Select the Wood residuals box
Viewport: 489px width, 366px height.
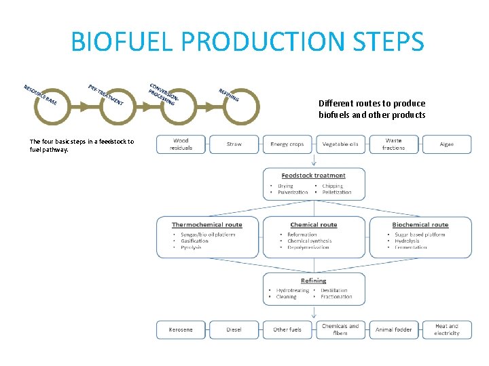(181, 144)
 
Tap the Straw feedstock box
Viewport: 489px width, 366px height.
(234, 144)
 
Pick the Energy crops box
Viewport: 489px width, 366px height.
(287, 144)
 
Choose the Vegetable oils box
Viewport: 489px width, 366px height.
(340, 144)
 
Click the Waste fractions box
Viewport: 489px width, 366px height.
(393, 144)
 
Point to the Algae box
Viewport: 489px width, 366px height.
(446, 144)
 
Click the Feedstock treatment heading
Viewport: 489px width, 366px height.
(313, 176)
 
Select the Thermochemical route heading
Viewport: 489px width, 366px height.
(206, 224)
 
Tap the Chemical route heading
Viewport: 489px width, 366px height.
(313, 224)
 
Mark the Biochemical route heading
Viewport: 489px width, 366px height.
(420, 224)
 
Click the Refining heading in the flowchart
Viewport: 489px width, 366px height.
(313, 281)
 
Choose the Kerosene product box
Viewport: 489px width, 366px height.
(181, 329)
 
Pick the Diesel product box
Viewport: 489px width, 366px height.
(234, 329)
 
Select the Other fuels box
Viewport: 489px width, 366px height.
(287, 329)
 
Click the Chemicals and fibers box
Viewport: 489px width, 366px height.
(340, 329)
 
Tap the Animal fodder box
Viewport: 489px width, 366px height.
(393, 329)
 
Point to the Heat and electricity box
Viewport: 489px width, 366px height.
(446, 329)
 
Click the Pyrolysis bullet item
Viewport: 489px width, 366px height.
(191, 247)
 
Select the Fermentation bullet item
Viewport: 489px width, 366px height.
(411, 247)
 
